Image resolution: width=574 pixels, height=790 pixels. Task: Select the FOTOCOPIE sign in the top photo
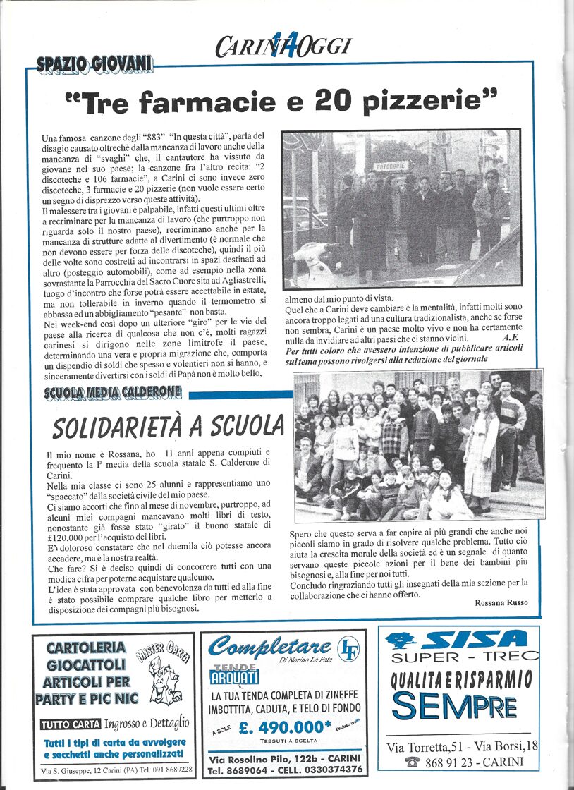(x=391, y=166)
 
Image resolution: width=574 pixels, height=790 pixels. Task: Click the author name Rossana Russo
(x=497, y=602)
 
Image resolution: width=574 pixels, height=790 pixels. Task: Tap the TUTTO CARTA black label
(x=71, y=724)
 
